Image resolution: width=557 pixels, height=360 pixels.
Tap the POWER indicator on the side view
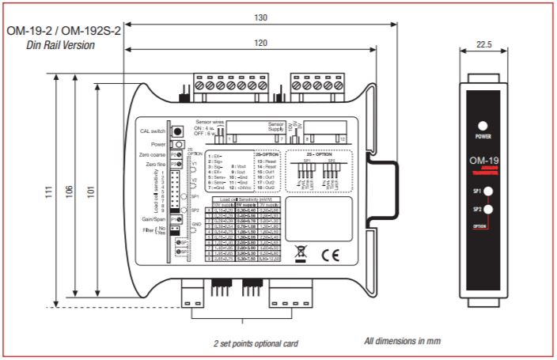point(483,127)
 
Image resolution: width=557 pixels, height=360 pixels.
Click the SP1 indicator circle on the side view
point(490,192)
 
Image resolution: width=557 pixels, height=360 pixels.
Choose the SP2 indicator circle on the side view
point(490,210)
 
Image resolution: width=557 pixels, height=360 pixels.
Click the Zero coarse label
point(152,155)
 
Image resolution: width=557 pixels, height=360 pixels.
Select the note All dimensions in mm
point(402,341)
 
